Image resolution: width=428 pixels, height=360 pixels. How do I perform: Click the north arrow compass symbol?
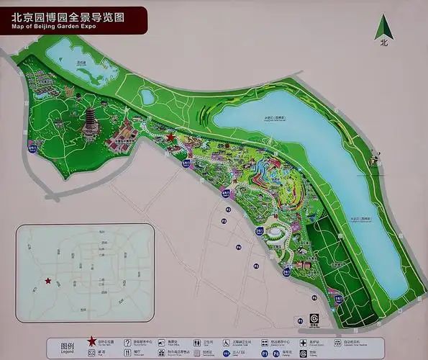tap(383, 30)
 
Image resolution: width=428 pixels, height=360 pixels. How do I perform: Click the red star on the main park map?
tap(170, 137)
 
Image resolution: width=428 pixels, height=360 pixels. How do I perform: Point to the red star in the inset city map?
tap(48, 281)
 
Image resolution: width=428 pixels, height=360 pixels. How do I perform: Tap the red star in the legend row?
tap(92, 342)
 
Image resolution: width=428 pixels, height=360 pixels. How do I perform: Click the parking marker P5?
tap(255, 266)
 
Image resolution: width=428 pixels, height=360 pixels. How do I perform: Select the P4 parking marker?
tap(238, 248)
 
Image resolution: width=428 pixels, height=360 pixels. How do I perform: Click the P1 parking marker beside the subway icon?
tap(300, 320)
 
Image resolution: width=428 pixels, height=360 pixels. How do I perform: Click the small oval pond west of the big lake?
tap(148, 96)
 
